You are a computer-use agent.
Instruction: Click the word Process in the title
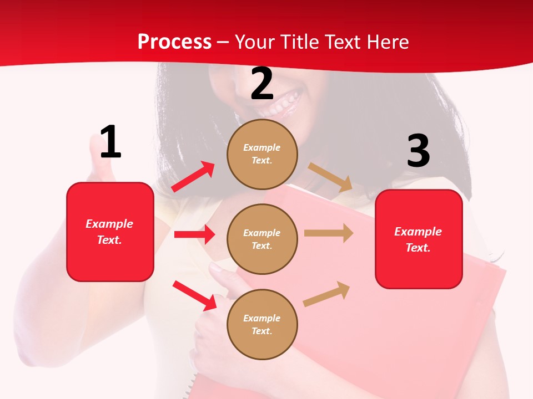click(x=174, y=42)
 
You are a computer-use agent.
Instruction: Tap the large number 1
click(x=110, y=142)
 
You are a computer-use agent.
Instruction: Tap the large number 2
click(x=262, y=84)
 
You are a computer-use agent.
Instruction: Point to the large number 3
click(x=418, y=151)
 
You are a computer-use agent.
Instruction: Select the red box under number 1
click(x=110, y=232)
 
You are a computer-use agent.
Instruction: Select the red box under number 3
click(x=419, y=239)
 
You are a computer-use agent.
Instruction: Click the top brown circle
click(x=262, y=154)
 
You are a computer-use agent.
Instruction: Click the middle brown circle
click(x=262, y=239)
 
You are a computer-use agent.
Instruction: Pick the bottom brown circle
click(x=262, y=324)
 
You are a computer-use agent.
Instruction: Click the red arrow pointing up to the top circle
click(x=193, y=177)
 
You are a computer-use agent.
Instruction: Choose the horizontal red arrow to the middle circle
click(x=194, y=234)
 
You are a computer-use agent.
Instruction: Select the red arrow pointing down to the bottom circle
click(x=194, y=295)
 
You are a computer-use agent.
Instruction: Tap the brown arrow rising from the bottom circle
click(x=326, y=294)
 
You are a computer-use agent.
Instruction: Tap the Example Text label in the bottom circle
click(x=262, y=324)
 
